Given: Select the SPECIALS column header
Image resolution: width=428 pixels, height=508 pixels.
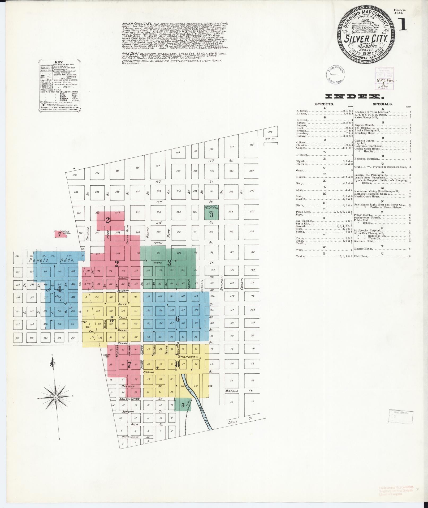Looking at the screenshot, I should [383, 104].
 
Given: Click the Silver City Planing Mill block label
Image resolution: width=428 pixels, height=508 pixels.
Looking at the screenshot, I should [211, 207].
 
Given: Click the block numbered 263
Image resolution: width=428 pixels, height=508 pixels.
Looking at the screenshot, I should [75, 175].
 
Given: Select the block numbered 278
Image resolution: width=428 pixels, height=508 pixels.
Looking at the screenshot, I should [270, 132].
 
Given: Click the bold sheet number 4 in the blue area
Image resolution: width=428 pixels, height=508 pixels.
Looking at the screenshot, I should [59, 289].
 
